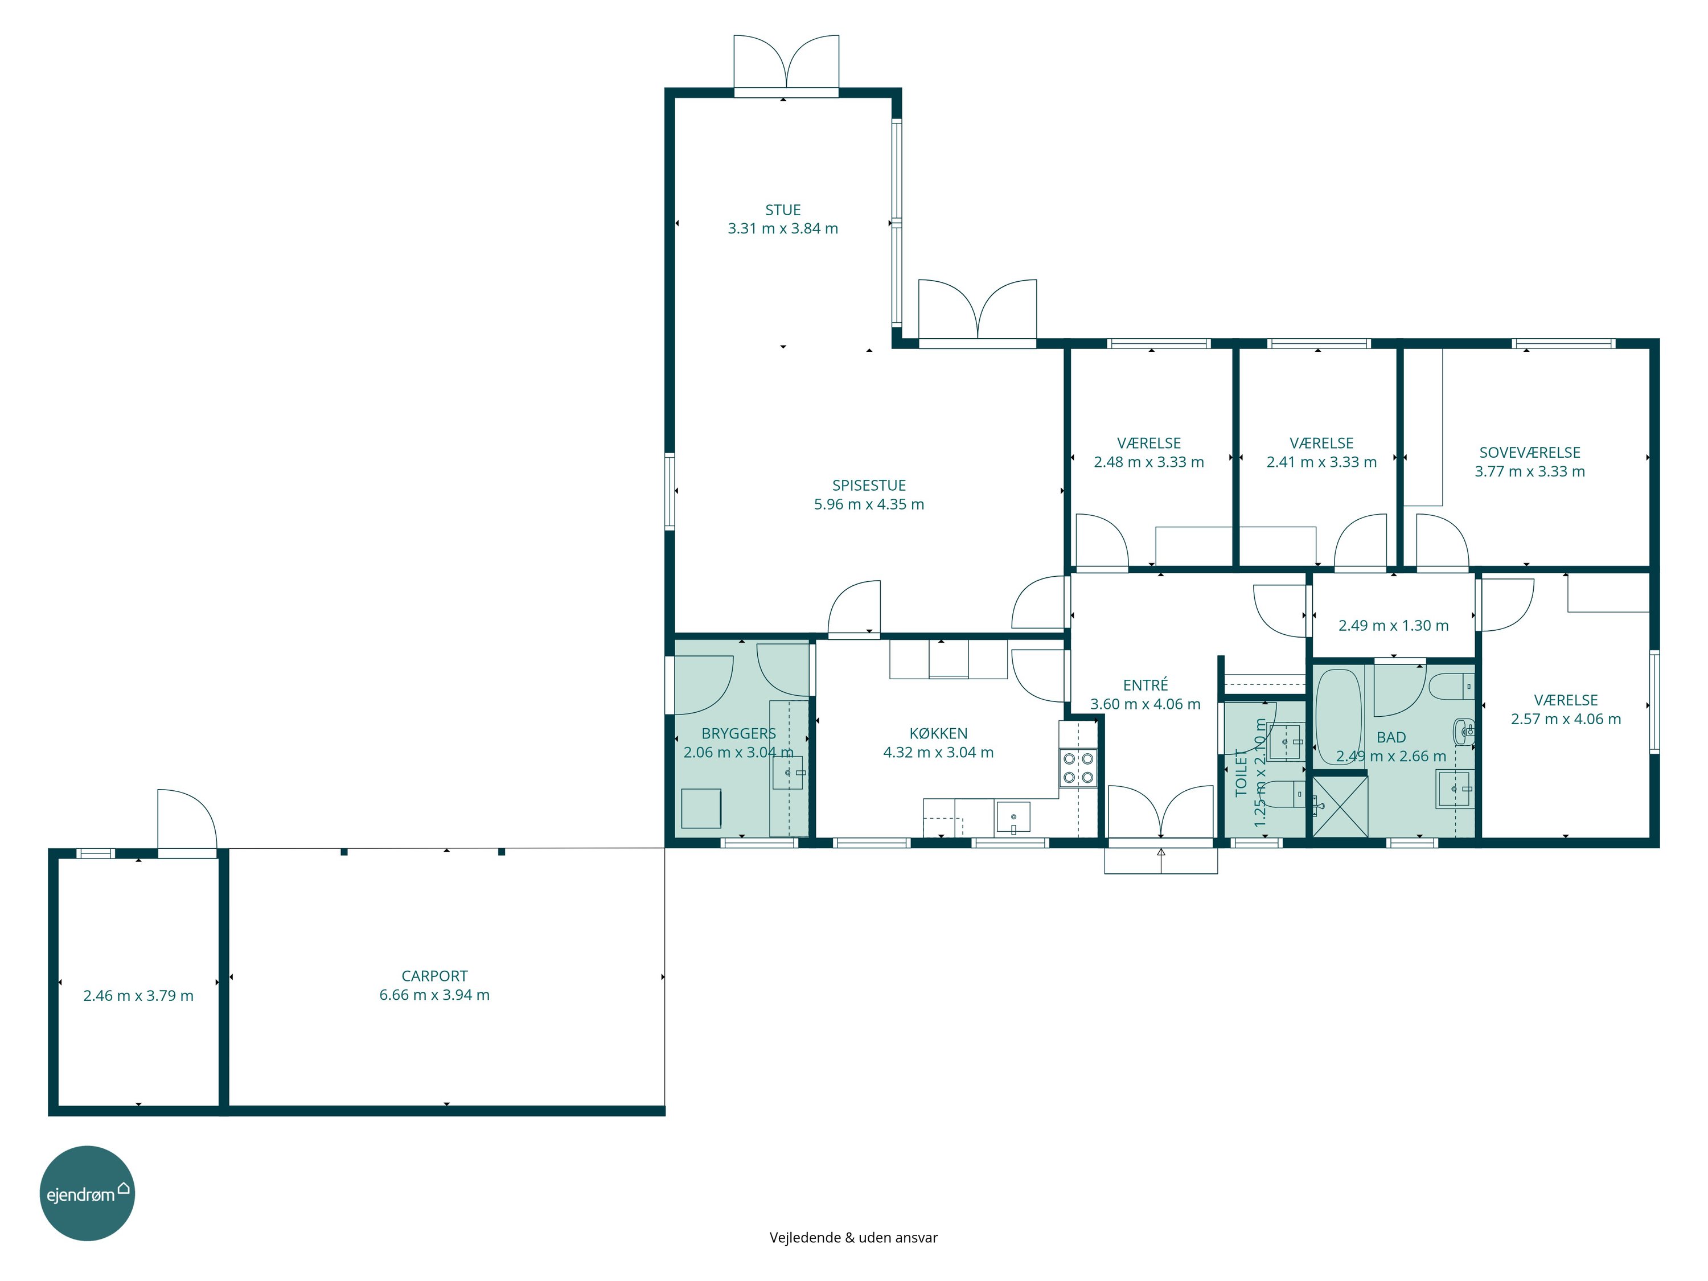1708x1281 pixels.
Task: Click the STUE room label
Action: tap(782, 210)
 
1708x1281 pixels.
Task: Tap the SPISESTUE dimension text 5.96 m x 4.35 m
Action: tap(869, 504)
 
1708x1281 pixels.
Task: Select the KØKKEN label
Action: tap(938, 733)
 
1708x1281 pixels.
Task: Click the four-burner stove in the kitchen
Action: tap(1078, 767)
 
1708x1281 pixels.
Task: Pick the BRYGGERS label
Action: tap(738, 733)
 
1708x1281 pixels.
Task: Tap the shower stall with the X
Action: tap(1340, 806)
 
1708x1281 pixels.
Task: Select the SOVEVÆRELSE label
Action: tap(1530, 453)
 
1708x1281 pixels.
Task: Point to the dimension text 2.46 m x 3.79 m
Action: tap(138, 996)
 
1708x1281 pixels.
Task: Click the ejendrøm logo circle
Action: tap(87, 1193)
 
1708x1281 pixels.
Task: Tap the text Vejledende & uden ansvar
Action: tap(853, 1238)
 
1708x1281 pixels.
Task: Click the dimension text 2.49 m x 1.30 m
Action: tap(1393, 626)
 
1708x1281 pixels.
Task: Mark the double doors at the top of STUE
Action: tap(786, 65)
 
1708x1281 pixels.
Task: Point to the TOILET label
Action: tap(1241, 772)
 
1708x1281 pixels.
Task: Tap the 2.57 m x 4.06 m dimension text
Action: tap(1566, 719)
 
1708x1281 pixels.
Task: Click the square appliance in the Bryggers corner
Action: tap(701, 808)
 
